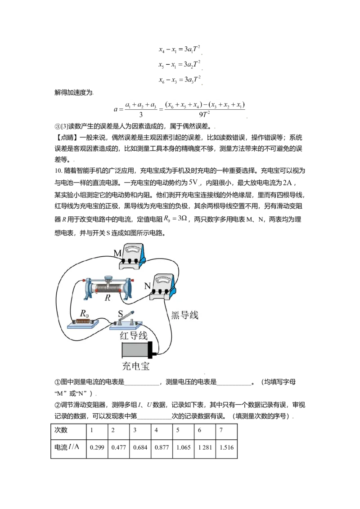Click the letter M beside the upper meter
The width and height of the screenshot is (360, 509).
pos(117,254)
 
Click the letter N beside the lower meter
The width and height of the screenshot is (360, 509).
pos(147,285)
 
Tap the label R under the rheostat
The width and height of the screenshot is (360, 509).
pos(108,298)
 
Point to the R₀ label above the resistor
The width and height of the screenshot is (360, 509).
pos(84,313)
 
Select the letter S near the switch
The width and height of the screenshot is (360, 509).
pos(120,314)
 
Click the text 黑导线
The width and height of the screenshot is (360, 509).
pos(185,315)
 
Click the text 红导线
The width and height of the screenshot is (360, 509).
pos(133,335)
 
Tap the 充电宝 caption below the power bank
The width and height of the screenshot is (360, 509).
pos(135,366)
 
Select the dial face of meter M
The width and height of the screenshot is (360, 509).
pos(133,249)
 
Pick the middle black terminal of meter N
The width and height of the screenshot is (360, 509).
pos(161,292)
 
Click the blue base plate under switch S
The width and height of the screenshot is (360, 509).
pos(126,326)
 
